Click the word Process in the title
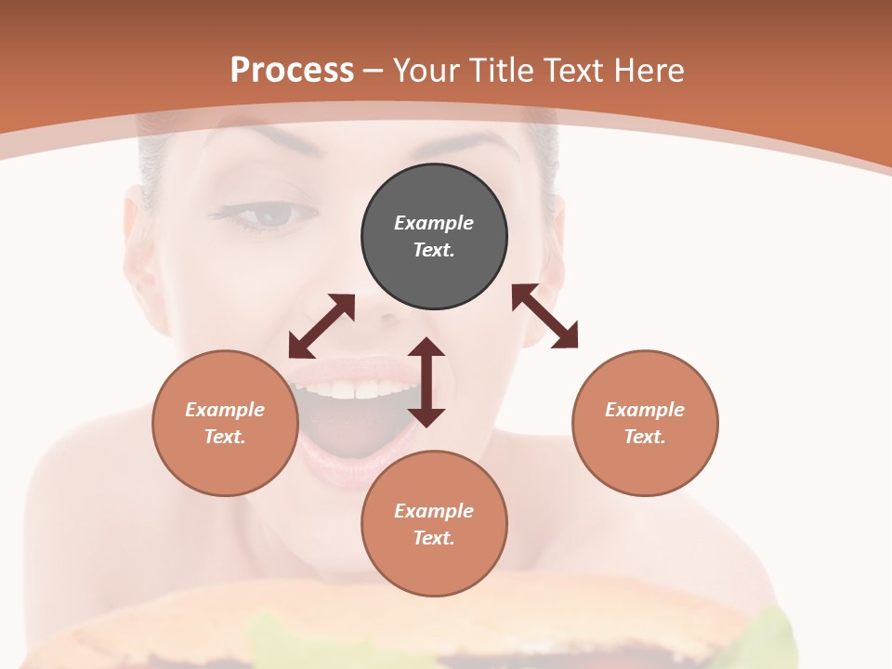coord(292,71)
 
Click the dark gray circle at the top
coord(434,237)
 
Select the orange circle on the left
coord(225,423)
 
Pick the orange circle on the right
coord(645,423)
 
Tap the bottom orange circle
coord(434,524)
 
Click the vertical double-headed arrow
coord(426,382)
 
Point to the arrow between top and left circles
coord(321,326)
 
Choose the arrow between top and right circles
coord(544,316)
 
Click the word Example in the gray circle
coord(434,223)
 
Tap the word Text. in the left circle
coord(225,437)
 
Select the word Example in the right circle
coord(645,410)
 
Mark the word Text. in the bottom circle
coord(434,538)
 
